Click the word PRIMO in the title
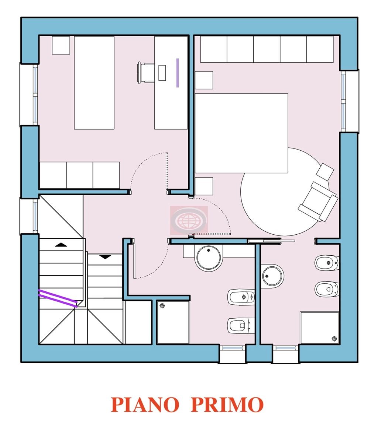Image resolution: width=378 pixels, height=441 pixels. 227,405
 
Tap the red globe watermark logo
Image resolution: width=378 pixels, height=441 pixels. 189,220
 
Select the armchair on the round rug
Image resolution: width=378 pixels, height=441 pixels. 318,201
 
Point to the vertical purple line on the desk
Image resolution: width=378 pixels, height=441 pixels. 178,73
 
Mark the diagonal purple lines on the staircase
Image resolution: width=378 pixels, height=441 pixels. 58,297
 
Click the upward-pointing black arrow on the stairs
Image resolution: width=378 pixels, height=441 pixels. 61,245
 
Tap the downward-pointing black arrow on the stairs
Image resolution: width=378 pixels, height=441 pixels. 105,257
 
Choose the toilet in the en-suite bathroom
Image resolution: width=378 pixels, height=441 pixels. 327,289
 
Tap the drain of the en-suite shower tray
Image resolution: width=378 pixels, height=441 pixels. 334,338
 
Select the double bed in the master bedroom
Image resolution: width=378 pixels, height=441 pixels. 241,133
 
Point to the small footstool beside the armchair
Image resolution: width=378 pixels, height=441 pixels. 325,170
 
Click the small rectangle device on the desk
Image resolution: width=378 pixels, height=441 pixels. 162,73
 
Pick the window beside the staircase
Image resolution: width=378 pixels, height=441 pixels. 35,216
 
